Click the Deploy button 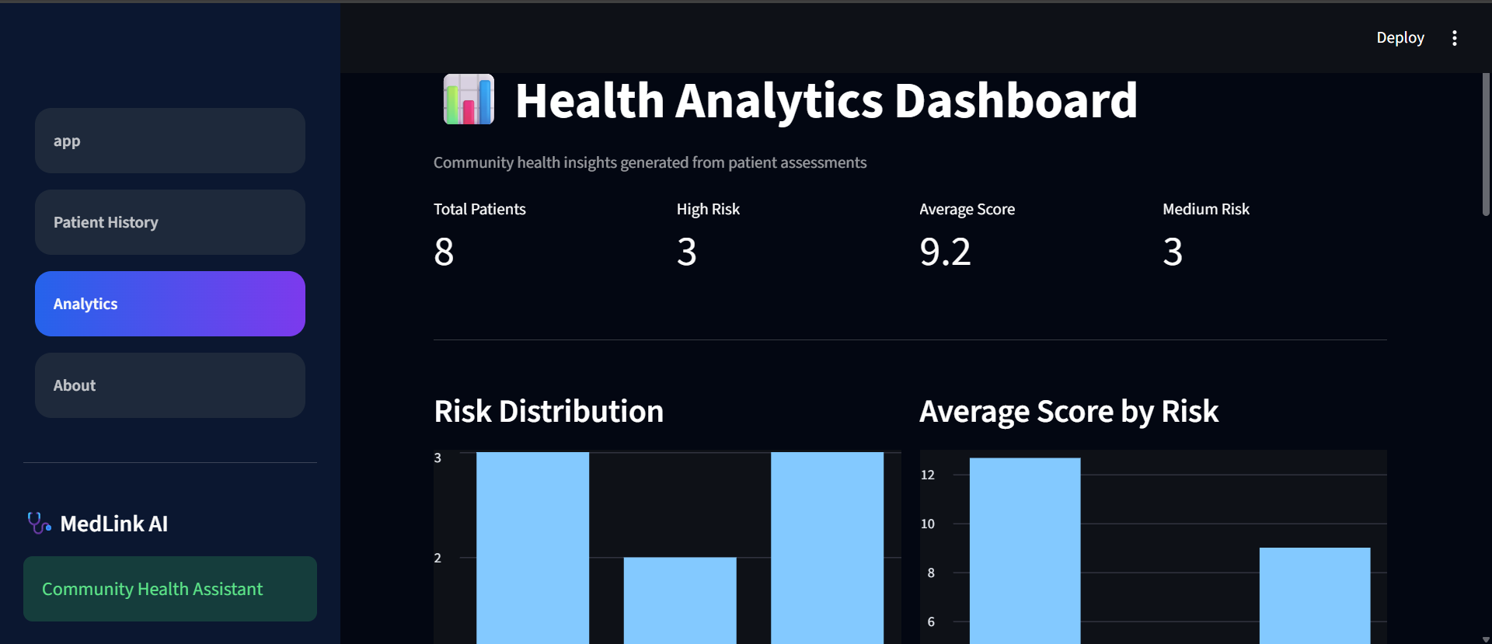1400,37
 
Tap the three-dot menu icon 1455,38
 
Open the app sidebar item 170,141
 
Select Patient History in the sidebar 170,222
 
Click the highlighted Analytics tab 170,304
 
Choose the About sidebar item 170,385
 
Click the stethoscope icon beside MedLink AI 39,523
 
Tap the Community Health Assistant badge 170,589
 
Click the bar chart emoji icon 469,99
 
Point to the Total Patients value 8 444,252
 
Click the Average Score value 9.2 945,252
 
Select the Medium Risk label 1206,209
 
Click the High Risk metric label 708,209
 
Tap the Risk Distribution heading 549,411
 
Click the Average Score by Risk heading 1068,411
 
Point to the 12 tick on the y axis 928,475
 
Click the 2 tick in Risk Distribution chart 437,558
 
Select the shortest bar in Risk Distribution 680,600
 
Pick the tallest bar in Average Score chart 1025,551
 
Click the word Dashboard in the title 1016,100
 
